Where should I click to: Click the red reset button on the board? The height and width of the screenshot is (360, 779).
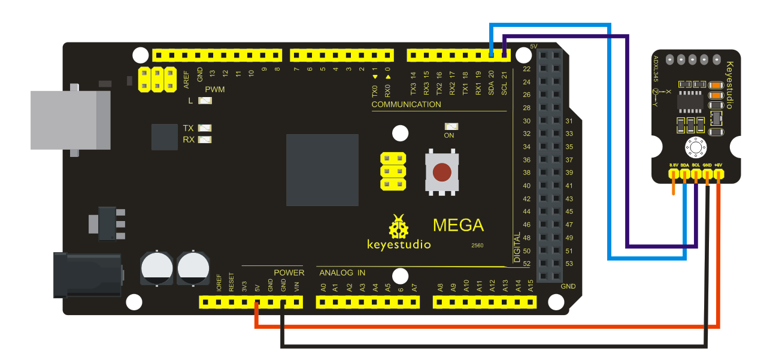[x=442, y=173]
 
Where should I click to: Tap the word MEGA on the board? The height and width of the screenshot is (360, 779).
[x=458, y=225]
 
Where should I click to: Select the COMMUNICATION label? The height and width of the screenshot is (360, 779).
[x=406, y=105]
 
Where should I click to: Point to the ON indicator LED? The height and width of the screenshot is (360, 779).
[x=450, y=127]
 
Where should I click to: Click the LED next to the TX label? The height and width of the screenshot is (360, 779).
[x=205, y=128]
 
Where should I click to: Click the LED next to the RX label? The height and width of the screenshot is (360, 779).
[x=205, y=140]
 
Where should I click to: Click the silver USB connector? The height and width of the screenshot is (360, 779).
[x=71, y=120]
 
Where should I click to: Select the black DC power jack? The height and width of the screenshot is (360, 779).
[x=87, y=274]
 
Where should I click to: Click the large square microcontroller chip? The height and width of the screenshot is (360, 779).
[x=322, y=170]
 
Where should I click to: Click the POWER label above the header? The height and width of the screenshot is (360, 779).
[x=289, y=273]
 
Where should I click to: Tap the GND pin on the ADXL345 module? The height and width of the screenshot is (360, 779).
[x=707, y=174]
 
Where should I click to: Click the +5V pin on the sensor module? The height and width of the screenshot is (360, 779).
[x=719, y=174]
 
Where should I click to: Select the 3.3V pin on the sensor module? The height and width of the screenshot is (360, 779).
[x=674, y=174]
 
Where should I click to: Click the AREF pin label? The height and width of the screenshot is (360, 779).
[x=186, y=75]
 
